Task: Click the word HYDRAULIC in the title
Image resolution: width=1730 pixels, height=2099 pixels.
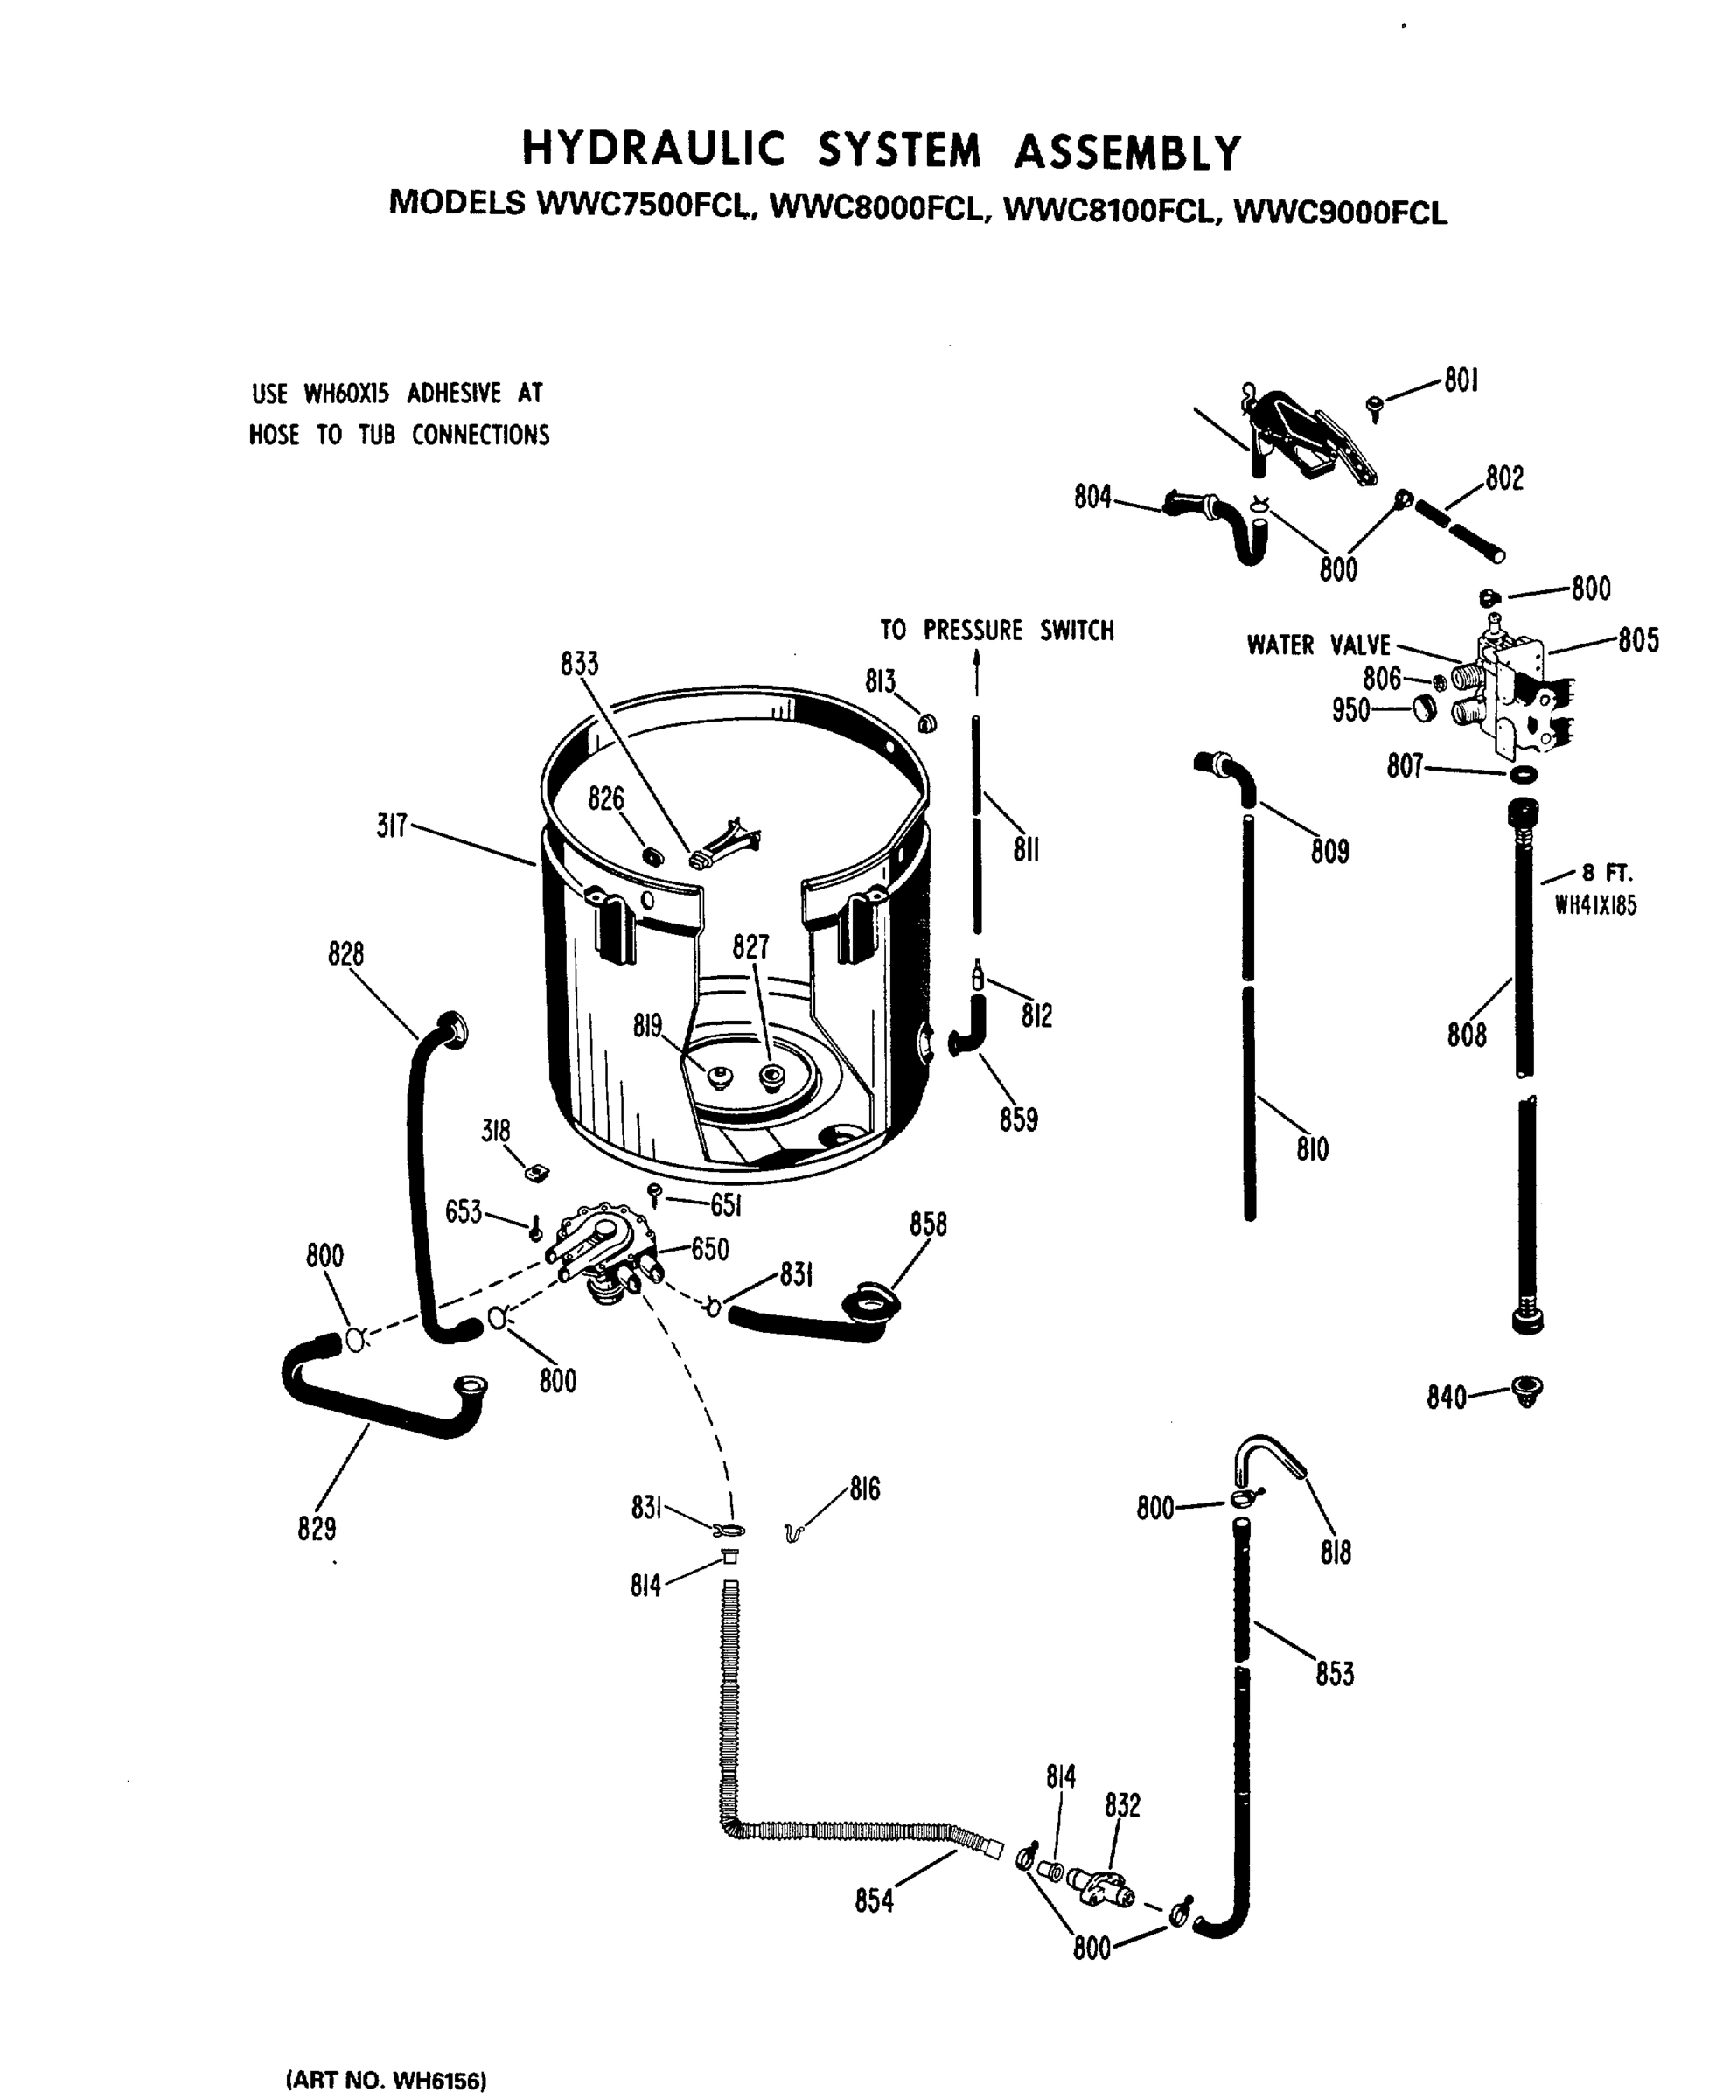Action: (x=653, y=151)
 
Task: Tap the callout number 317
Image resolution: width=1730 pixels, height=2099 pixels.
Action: (x=392, y=826)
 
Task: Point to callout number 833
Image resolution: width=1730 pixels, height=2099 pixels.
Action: (x=579, y=664)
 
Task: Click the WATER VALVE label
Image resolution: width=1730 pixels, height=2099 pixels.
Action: (x=1317, y=645)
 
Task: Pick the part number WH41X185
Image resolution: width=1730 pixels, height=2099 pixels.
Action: (x=1595, y=906)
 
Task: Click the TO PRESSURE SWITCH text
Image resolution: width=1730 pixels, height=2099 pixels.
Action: (x=996, y=631)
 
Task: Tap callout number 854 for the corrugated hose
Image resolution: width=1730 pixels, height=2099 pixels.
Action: (x=874, y=1901)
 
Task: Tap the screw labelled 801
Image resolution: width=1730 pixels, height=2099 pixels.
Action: (x=1375, y=406)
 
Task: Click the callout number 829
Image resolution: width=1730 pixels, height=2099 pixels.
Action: (x=317, y=1529)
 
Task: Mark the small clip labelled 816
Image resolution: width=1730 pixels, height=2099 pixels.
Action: (x=793, y=1532)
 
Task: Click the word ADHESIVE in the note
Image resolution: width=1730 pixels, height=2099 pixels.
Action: (x=453, y=394)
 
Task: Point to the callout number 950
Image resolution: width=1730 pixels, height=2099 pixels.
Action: (x=1350, y=711)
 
